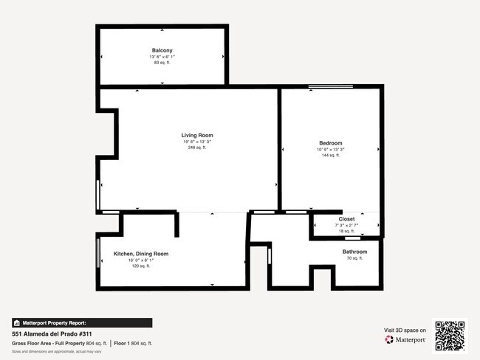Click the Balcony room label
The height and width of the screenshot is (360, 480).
point(162,50)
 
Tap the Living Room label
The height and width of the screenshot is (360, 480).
point(197,135)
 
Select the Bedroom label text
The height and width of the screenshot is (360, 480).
point(330,142)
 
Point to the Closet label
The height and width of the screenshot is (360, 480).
point(346,219)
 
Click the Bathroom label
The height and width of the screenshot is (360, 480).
point(354,252)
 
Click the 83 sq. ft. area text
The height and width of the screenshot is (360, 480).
point(162,63)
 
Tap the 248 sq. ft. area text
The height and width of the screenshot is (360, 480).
point(197,148)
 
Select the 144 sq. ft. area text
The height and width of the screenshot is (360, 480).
point(330,155)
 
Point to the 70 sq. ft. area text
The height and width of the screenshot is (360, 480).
point(354,258)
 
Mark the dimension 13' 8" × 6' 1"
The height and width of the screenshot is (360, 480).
point(162,57)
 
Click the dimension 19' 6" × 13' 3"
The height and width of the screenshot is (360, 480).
point(197,142)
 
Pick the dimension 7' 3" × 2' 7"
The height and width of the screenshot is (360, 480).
point(346,226)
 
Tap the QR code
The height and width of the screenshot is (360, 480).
point(450,335)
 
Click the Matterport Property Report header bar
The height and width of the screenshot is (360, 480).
point(81,322)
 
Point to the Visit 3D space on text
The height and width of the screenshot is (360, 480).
point(405,330)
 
